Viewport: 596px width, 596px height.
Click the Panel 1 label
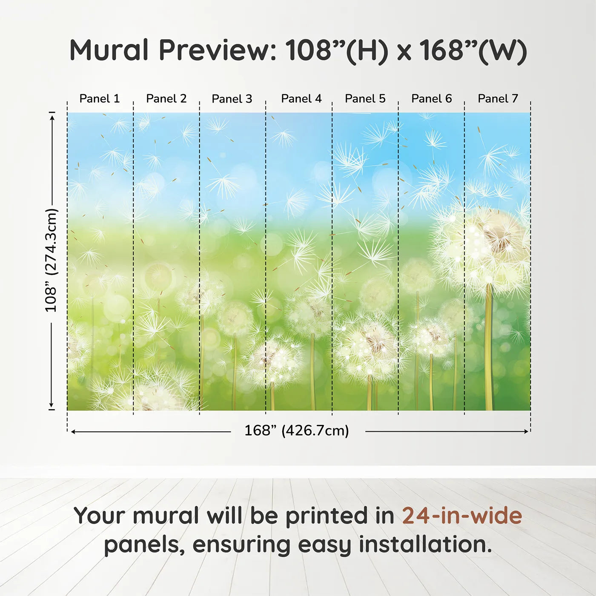[x=99, y=99]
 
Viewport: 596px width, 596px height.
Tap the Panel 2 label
[x=166, y=99]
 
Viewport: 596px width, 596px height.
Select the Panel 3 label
[x=232, y=99]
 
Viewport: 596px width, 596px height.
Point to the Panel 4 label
[x=301, y=99]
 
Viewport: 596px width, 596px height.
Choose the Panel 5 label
[x=365, y=99]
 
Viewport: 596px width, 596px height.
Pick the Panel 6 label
[x=431, y=99]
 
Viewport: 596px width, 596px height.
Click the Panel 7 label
[x=498, y=99]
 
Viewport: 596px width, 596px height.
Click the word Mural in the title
[x=109, y=50]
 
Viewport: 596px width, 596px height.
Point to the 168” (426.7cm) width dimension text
[x=297, y=430]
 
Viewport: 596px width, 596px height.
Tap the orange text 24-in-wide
[x=462, y=516]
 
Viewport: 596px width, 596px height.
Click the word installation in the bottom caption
[x=425, y=544]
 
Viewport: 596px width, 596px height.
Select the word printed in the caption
[x=340, y=516]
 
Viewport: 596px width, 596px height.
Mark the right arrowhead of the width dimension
[x=527, y=431]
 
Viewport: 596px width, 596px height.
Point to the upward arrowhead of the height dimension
[x=53, y=117]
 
